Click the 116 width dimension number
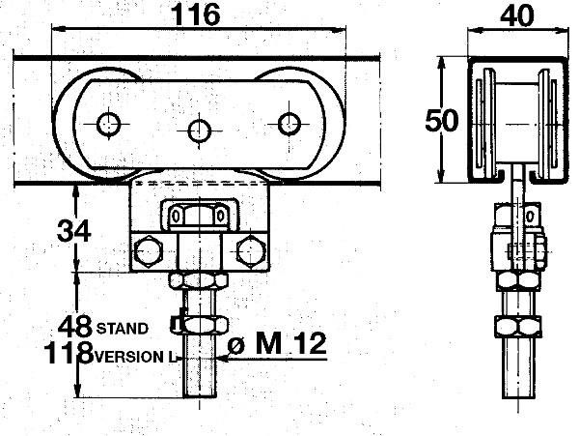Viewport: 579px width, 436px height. [197, 15]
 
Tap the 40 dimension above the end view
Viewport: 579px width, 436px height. [516, 15]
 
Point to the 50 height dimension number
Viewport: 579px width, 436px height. [442, 121]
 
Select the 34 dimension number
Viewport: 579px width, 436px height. [74, 230]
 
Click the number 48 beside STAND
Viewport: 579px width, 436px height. [75, 326]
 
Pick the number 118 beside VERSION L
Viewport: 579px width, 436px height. [69, 353]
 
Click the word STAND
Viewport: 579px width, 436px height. [123, 329]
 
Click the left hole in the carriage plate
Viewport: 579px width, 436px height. [108, 125]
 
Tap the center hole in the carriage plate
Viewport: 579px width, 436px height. [200, 131]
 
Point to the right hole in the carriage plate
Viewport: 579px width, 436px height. [289, 124]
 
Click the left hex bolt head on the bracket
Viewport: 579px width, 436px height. [148, 251]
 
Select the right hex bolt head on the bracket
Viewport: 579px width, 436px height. [251, 251]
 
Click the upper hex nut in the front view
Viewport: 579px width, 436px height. [199, 280]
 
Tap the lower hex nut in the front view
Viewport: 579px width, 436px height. [200, 326]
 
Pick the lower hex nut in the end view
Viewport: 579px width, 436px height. [518, 327]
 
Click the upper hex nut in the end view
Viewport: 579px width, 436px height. [518, 279]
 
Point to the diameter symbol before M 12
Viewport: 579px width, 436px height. [236, 346]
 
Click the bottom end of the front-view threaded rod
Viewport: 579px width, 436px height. [200, 397]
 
